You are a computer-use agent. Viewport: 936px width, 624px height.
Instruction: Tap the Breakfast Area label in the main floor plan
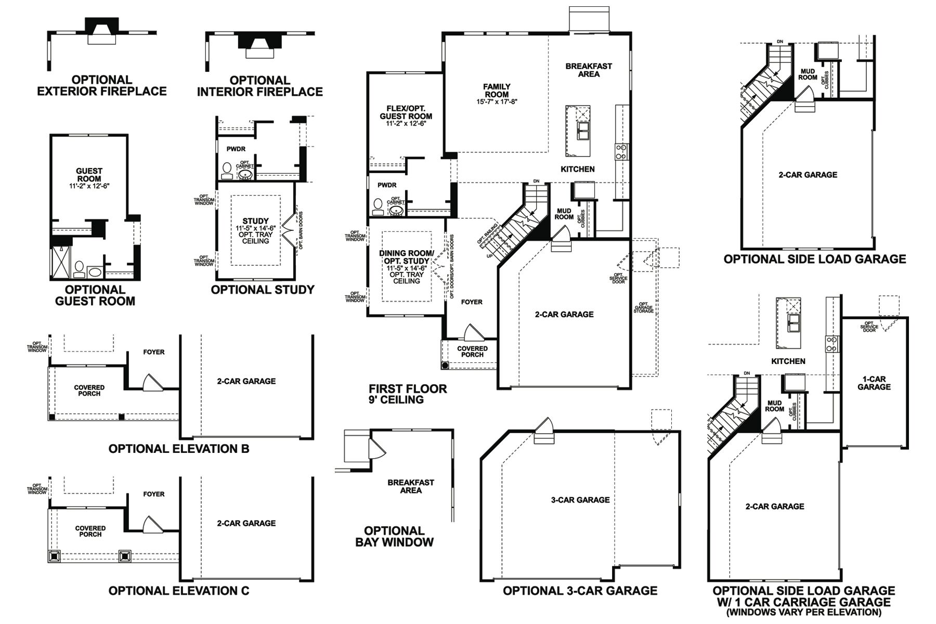(x=589, y=70)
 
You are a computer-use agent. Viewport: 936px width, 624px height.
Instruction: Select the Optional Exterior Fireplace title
(x=102, y=86)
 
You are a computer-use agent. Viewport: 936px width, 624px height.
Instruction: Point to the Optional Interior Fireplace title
(x=260, y=86)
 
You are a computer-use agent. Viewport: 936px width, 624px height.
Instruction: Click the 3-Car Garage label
(x=580, y=500)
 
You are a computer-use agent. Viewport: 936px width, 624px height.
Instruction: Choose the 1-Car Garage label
(x=874, y=383)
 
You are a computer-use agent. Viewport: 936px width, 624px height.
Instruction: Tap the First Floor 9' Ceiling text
(x=408, y=394)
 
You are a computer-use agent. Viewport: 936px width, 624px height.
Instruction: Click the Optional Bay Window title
(x=394, y=537)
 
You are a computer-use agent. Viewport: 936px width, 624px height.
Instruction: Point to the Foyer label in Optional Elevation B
(x=154, y=352)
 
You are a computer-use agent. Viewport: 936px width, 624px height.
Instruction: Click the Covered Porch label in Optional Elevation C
(x=90, y=531)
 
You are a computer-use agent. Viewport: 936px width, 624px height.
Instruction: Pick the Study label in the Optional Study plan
(x=255, y=221)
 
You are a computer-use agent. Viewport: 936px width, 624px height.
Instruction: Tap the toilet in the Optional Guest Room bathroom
(x=80, y=268)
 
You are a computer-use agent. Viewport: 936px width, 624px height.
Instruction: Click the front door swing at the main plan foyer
(x=473, y=333)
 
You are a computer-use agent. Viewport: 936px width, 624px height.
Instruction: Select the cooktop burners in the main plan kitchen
(x=621, y=151)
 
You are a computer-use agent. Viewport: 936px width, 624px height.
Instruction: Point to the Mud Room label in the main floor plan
(x=564, y=214)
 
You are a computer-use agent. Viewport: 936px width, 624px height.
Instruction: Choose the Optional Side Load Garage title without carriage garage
(x=814, y=259)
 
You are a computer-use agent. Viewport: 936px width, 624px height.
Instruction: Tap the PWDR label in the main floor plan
(x=387, y=185)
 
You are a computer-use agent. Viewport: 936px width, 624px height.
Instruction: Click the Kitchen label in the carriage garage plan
(x=788, y=361)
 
